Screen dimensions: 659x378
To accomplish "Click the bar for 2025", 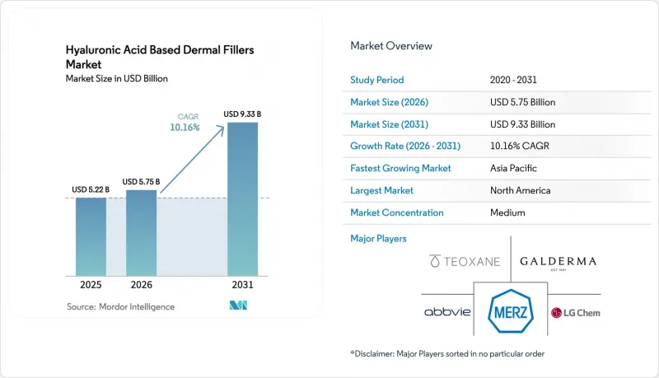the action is pos(91,237).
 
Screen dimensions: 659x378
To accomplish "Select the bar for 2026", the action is pos(141,233).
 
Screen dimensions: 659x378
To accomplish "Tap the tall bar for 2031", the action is pos(242,199).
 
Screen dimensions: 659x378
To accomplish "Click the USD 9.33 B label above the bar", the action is pos(242,114).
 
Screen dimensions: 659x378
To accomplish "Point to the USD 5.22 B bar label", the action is pos(91,190).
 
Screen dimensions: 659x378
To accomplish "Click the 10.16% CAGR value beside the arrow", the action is pos(185,128).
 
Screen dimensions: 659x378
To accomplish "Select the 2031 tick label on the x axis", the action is pos(242,285).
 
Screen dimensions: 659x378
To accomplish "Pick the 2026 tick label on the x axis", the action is pos(141,285).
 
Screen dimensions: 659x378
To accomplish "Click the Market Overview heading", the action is pos(390,46).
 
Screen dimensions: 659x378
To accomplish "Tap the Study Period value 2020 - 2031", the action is pos(513,80).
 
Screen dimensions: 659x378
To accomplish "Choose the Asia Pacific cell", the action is pos(513,168).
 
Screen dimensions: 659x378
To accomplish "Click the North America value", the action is pos(520,190).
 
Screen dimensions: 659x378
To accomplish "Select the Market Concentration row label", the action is pos(397,212).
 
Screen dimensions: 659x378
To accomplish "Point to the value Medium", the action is pos(507,212).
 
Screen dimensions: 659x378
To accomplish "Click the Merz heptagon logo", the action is pos(511,311).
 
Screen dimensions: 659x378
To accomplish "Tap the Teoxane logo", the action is pos(465,261).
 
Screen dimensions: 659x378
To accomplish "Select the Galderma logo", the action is pos(559,263).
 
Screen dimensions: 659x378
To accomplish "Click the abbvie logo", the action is pos(447,311).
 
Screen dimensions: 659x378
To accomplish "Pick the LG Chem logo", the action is pos(575,313).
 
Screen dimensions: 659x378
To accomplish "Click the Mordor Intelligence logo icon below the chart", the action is pos(238,306).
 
